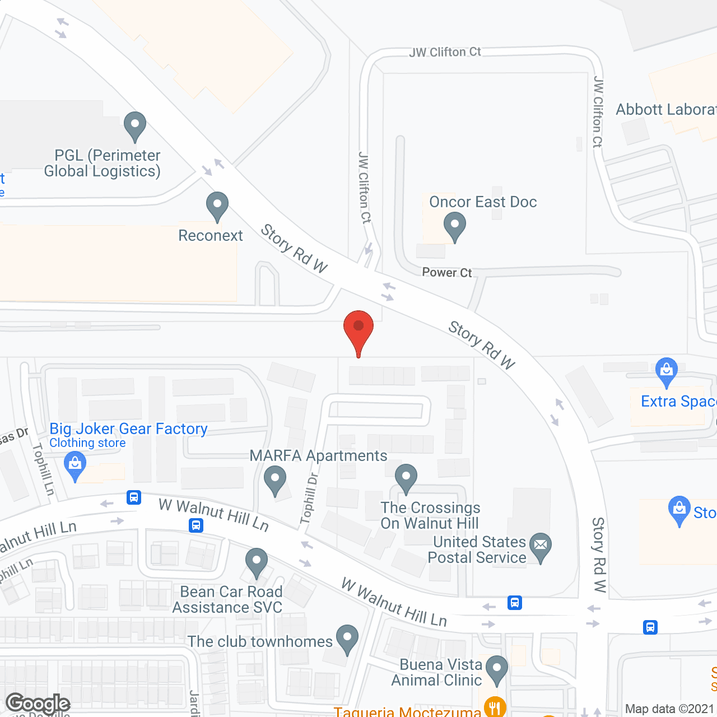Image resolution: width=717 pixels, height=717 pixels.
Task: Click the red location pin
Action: click(358, 328)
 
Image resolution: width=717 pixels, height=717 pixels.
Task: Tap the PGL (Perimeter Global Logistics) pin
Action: click(134, 125)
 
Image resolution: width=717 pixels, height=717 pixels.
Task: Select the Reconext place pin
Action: click(217, 206)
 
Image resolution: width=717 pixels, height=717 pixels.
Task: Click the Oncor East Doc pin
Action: click(455, 227)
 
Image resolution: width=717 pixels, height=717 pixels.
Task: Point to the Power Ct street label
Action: click(446, 273)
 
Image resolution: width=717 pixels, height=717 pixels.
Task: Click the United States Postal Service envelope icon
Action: click(540, 546)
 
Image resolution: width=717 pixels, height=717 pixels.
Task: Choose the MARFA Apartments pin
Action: click(275, 481)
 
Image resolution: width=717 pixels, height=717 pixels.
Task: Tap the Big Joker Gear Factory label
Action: click(128, 429)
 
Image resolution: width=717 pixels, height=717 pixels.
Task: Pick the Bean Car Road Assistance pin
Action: click(257, 562)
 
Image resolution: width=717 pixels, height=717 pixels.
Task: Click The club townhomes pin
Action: click(347, 639)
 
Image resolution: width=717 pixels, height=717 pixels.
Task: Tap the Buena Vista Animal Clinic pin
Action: click(496, 669)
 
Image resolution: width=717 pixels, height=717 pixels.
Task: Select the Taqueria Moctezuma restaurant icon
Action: click(495, 707)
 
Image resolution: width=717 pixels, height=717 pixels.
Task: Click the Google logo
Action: click(38, 703)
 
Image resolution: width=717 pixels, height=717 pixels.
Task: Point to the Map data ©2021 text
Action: click(670, 709)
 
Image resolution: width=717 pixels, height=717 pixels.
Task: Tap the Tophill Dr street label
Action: click(309, 499)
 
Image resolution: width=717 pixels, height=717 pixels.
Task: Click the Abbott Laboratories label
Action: click(666, 110)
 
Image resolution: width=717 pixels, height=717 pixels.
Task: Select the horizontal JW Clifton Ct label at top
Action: click(445, 53)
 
